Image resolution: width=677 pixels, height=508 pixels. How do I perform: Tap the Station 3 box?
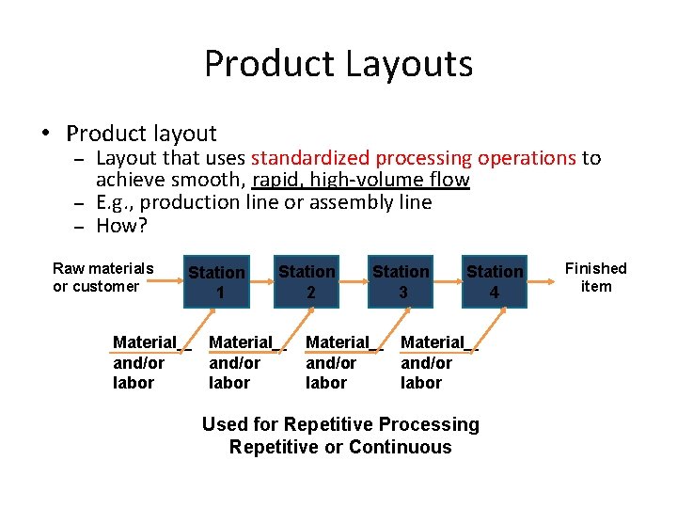(x=401, y=281)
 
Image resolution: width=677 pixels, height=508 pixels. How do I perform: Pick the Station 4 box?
(x=495, y=281)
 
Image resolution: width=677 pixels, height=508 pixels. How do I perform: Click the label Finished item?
(x=595, y=278)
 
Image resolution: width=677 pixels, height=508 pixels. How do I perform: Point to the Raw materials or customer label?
(x=102, y=278)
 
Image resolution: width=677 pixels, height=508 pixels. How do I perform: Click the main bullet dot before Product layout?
(x=44, y=134)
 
